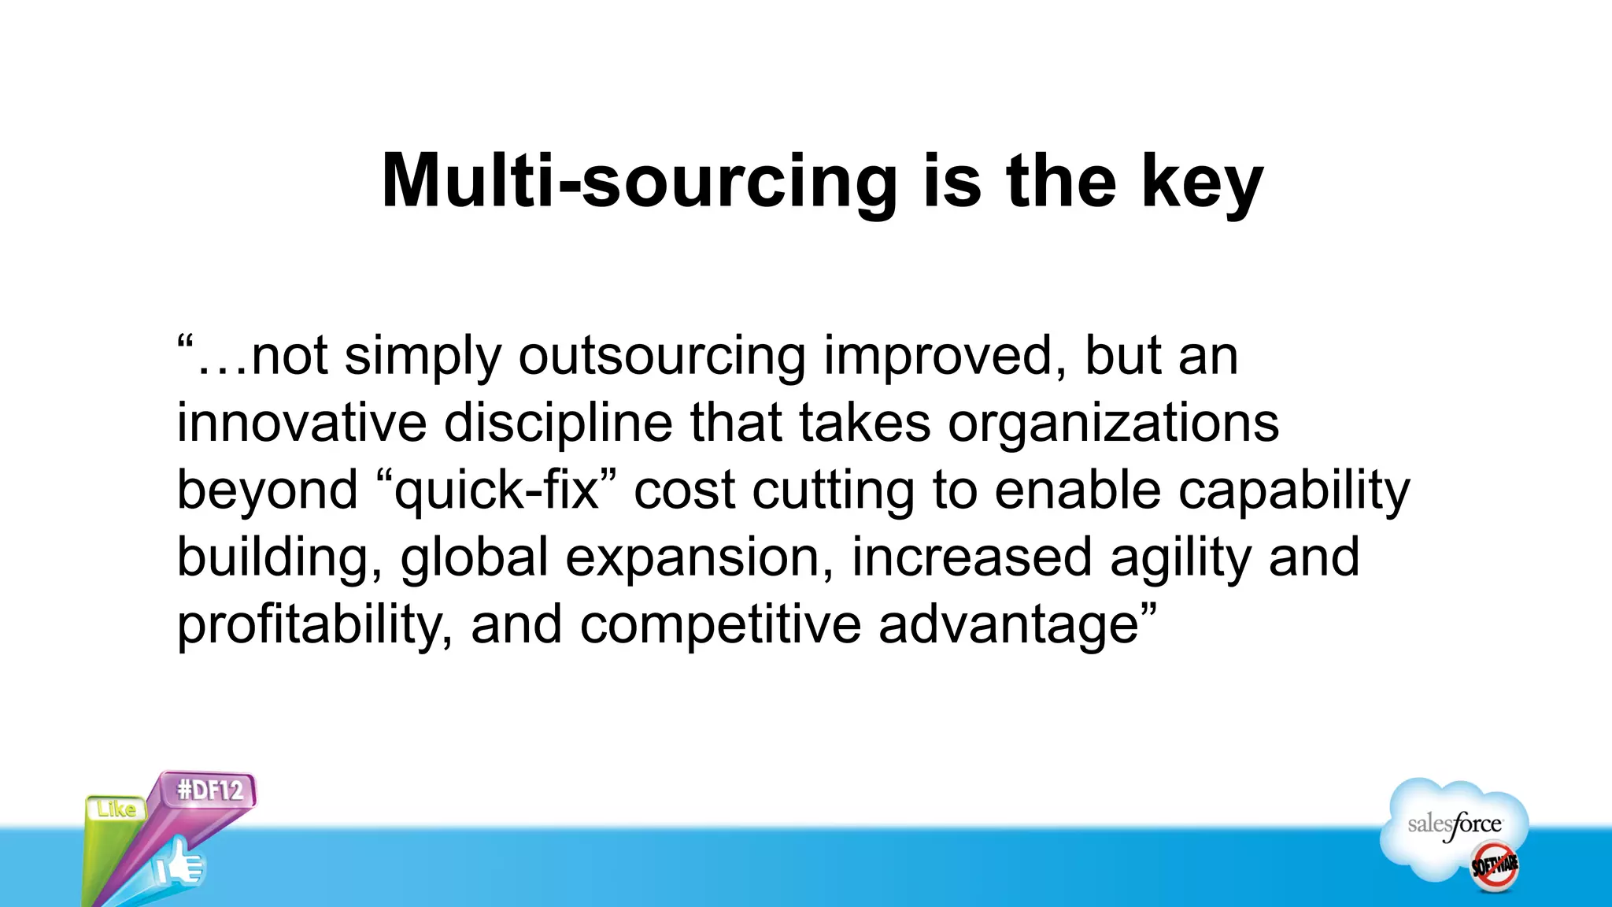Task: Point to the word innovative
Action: pyautogui.click(x=301, y=424)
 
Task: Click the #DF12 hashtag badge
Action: pyautogui.click(x=210, y=790)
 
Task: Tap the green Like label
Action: pyautogui.click(x=116, y=809)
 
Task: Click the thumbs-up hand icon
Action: pyautogui.click(x=179, y=864)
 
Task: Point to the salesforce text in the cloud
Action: pyautogui.click(x=1455, y=825)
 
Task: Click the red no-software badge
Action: pyautogui.click(x=1494, y=866)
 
